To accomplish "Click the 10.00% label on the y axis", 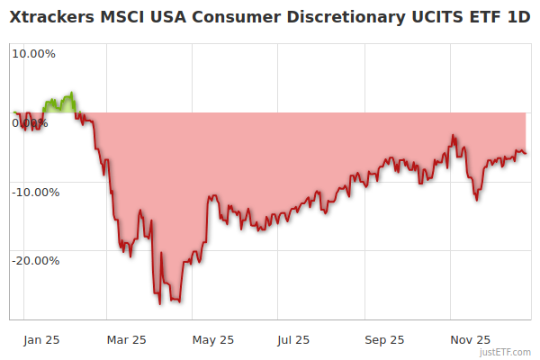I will click(33, 53).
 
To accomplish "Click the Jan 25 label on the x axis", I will click(41, 339).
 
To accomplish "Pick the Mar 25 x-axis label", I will click(126, 339).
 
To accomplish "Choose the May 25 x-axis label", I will click(213, 339).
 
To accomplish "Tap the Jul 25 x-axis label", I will click(292, 339).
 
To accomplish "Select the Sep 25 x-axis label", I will click(384, 339).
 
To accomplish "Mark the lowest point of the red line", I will click(160, 303).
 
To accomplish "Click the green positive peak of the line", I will click(72, 93).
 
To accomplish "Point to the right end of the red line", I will click(526, 153).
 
